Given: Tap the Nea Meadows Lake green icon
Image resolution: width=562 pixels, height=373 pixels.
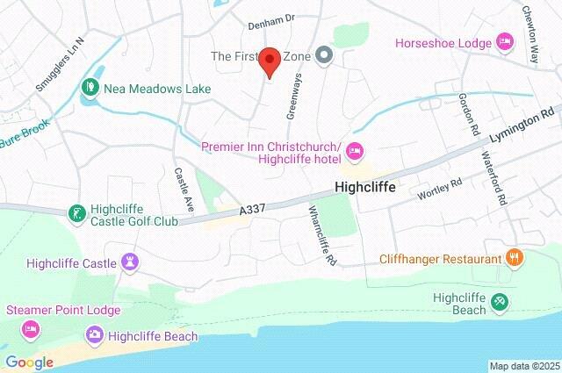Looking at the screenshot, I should coord(90,87).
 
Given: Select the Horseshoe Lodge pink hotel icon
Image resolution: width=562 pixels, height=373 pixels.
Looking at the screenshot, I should coord(505,40).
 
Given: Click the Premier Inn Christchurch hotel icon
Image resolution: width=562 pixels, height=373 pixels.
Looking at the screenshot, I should coord(355,152).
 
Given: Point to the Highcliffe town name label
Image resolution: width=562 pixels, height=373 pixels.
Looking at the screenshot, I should coord(364,187).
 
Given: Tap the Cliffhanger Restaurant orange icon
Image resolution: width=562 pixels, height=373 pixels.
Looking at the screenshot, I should coord(515,258).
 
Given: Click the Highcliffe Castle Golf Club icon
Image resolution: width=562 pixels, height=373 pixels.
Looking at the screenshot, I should coord(77,213).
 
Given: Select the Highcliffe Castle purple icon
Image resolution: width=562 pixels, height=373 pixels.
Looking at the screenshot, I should coord(131,262).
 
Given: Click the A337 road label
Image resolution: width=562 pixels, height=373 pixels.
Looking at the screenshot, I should coord(252,212).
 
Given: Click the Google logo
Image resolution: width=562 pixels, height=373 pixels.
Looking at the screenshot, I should coord(30,362).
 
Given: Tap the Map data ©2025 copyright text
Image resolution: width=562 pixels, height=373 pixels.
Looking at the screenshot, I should coord(523,366).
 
